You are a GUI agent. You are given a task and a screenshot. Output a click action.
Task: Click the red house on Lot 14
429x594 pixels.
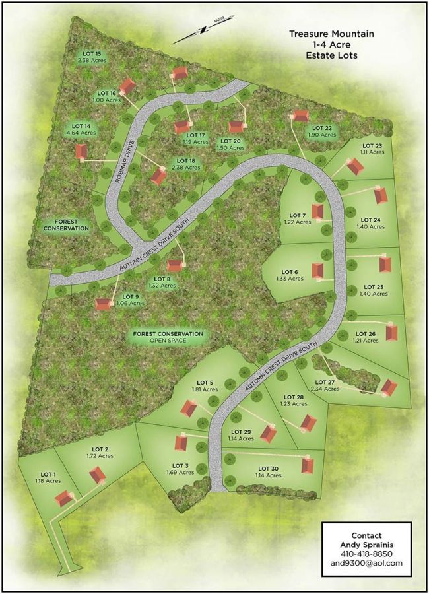pos(81,152)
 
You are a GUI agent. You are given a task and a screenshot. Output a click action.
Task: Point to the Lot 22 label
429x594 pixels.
pos(321,127)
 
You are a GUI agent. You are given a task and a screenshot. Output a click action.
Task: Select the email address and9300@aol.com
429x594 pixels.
pos(367,564)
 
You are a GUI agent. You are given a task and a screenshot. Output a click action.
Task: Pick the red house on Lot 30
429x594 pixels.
pos(307,464)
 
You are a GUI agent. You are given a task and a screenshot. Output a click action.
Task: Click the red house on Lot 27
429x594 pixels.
pos(389,387)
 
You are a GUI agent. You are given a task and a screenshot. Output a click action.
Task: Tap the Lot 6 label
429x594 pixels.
pos(290,271)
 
